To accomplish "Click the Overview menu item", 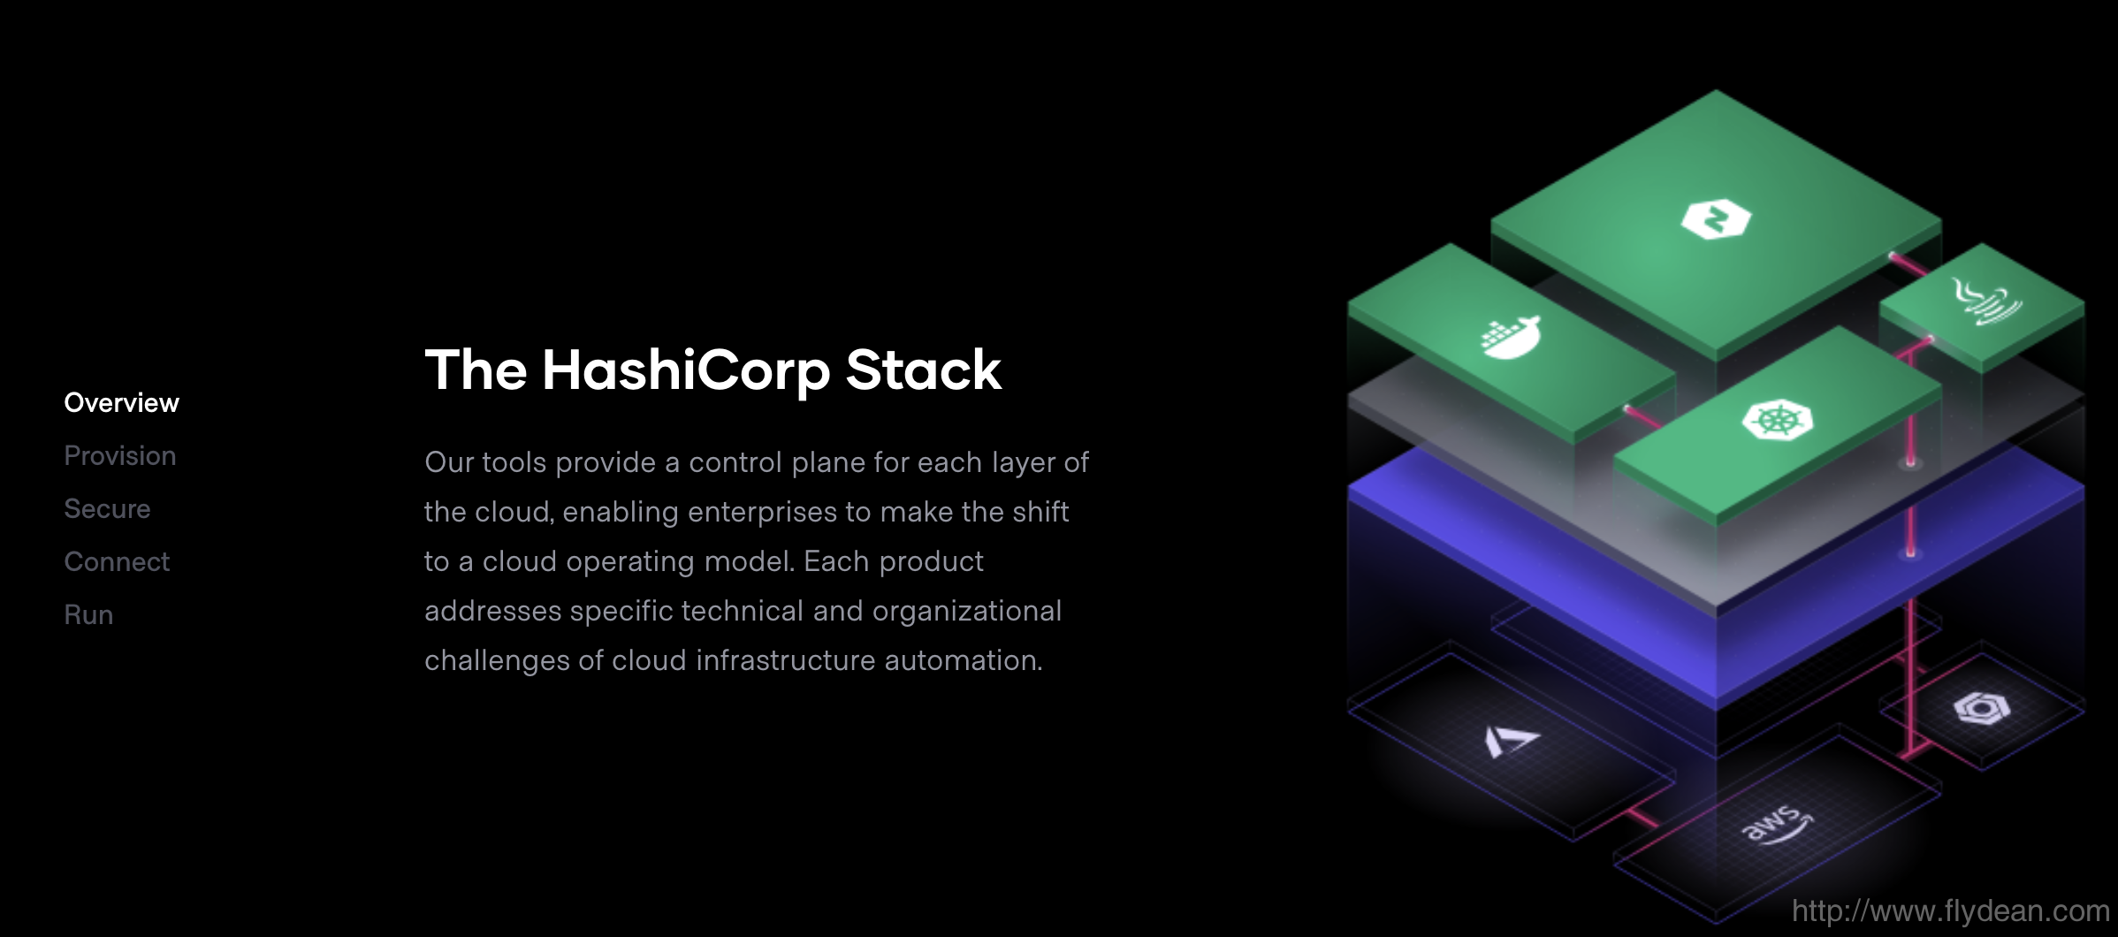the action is tap(122, 403).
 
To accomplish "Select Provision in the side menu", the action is tap(120, 456).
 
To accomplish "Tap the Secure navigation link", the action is tap(107, 509).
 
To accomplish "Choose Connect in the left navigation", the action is tap(117, 562).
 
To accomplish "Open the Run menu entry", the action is tap(88, 615).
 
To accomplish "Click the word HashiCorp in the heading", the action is tap(686, 369).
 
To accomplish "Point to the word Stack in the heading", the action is tap(924, 369).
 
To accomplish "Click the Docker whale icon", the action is tap(1511, 337).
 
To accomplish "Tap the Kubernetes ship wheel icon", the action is tap(1777, 419).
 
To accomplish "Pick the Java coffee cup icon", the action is tap(1986, 301).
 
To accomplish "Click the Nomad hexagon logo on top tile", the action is tap(1716, 219).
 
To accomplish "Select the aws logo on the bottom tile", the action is tap(1777, 825).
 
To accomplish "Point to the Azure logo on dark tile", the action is tap(1511, 741).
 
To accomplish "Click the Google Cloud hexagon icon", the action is tap(1982, 708).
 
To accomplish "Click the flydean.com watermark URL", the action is tap(1951, 910).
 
